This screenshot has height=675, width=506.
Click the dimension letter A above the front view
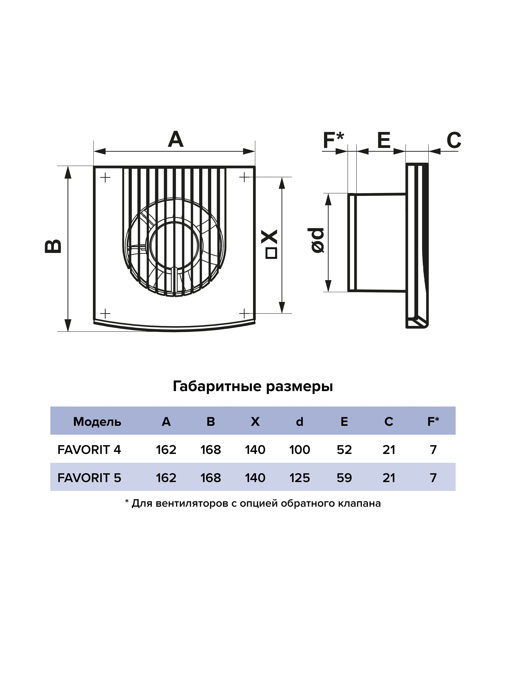[176, 140]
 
